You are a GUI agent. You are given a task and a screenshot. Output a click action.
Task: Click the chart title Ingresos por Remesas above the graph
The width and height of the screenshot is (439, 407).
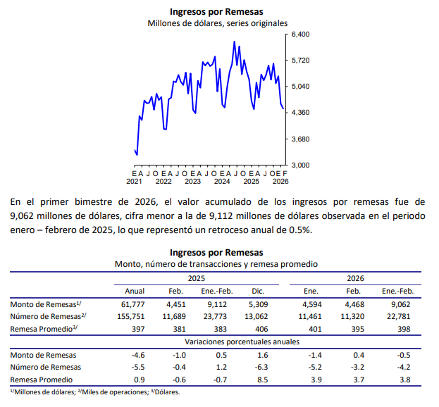tap(216, 11)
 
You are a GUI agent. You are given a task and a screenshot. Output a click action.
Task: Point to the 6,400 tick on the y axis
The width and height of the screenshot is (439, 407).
tap(301, 35)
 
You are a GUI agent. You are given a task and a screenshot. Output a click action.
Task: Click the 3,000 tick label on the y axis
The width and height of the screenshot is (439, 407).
tap(301, 165)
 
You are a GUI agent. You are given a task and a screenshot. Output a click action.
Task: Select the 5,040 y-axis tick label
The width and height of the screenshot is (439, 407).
tap(301, 87)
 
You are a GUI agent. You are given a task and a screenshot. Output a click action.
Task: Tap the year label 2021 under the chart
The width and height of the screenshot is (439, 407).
tap(134, 181)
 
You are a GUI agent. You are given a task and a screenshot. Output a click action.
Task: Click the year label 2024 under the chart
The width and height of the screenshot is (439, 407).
tap(222, 181)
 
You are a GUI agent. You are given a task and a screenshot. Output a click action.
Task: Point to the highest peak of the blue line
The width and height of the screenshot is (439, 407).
tap(234, 42)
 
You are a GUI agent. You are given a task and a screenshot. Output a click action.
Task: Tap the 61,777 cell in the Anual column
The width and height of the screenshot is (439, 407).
tap(134, 304)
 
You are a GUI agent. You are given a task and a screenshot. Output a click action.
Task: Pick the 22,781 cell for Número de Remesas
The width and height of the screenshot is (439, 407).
tap(397, 316)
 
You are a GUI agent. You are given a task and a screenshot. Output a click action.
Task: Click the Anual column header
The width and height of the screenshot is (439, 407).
tap(134, 291)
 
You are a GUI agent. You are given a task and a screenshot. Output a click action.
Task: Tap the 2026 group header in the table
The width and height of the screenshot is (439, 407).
tap(354, 278)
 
